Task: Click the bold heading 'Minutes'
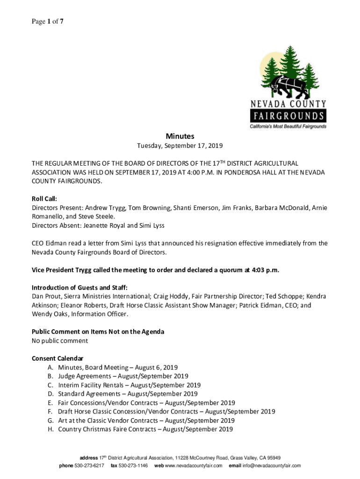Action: [x=180, y=136]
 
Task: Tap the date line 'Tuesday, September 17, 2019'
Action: [x=180, y=146]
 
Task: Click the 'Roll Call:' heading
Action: [x=44, y=198]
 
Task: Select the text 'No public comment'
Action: [x=59, y=341]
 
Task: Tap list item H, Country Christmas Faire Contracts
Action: [x=145, y=429]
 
